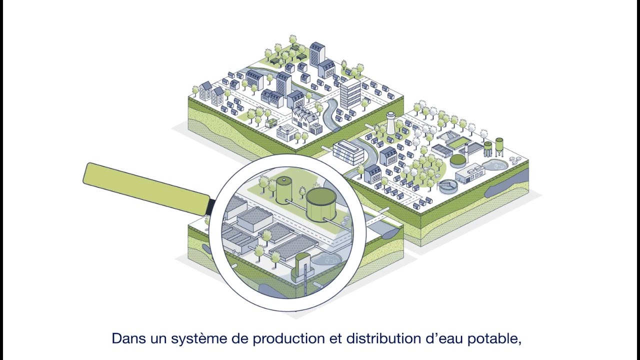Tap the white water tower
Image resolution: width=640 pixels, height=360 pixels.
tap(390, 123)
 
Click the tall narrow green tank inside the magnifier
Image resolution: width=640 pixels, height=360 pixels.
tap(283, 190)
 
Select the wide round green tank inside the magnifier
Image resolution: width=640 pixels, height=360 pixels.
tap(321, 204)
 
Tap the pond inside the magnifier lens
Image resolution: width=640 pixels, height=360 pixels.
tap(327, 260)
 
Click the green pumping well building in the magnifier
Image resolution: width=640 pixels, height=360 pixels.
tap(302, 264)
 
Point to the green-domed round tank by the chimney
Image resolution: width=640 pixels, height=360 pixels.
tap(457, 160)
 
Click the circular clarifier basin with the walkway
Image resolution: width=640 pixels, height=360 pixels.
tap(447, 186)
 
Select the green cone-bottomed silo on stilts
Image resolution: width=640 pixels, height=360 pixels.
tap(499, 145)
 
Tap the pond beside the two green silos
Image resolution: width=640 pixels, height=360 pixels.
tap(495, 164)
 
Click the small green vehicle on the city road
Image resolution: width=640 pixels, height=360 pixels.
tap(271, 122)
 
